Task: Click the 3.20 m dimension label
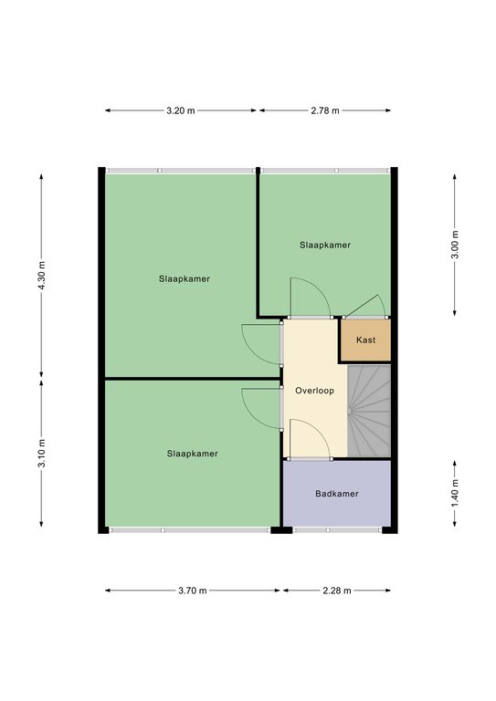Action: (x=181, y=110)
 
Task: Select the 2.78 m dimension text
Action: (x=325, y=110)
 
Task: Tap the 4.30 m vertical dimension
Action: (x=42, y=275)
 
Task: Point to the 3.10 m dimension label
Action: (x=42, y=453)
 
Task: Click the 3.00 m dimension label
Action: (x=455, y=245)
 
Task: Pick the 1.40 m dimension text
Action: (x=455, y=493)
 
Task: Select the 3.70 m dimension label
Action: (x=193, y=591)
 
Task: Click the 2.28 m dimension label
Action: (x=337, y=591)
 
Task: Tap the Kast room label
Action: (x=366, y=340)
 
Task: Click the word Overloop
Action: (x=314, y=391)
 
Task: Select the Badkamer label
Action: (x=337, y=494)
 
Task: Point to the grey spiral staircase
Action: (x=369, y=411)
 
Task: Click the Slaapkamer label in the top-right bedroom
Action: (x=325, y=245)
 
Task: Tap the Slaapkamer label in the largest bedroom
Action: (x=185, y=278)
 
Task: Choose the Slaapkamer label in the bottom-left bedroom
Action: (x=193, y=454)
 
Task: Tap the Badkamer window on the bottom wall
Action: (x=338, y=530)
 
